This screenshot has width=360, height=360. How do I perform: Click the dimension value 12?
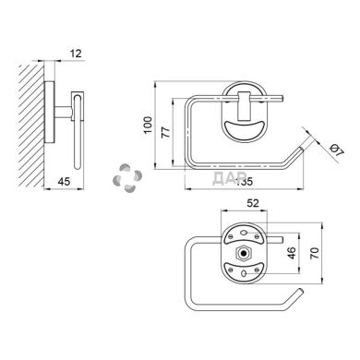pos(76,54)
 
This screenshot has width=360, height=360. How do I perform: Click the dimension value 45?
pos(64,182)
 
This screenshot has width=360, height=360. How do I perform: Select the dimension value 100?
pos(149,125)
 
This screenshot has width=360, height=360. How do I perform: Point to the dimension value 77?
pos(166,132)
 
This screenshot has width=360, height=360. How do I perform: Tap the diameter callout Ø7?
pos(336,150)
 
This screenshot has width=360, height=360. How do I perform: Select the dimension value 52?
pos(253,203)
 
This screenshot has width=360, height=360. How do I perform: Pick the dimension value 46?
pos(292,253)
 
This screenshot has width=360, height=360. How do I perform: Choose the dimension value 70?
pos(316,253)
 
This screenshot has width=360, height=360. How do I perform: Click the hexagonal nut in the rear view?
pos(244,253)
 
